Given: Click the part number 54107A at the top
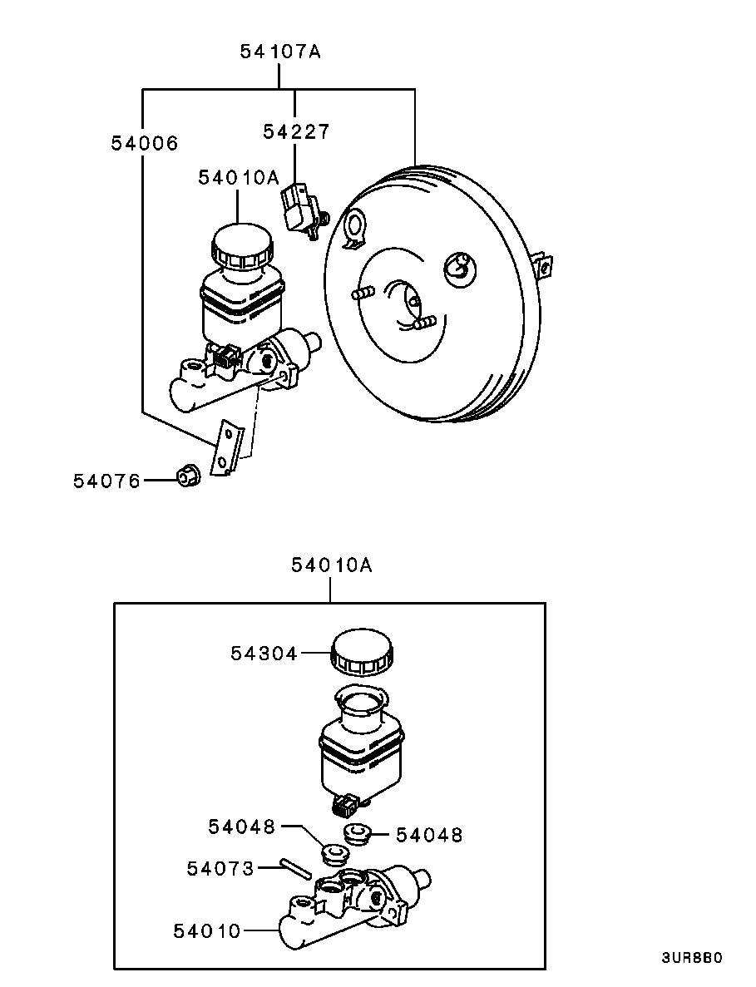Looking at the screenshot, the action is [x=280, y=51].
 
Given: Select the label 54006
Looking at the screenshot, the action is [x=145, y=143].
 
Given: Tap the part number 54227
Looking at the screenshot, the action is [x=296, y=131].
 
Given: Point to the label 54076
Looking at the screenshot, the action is [x=107, y=481].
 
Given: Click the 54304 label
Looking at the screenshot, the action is [x=264, y=654].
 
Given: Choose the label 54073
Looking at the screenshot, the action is [x=220, y=869].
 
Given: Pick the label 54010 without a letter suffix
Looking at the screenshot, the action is [x=207, y=930].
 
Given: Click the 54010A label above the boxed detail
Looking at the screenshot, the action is [x=332, y=565].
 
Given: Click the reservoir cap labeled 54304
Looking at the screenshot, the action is [x=362, y=652].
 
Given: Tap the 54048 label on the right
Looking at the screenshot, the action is [x=429, y=836].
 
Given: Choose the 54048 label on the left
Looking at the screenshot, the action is [x=242, y=827].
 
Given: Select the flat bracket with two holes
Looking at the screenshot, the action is [x=225, y=448].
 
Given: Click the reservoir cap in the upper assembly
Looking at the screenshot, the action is [x=242, y=246].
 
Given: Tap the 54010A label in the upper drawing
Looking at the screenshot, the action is [x=239, y=177].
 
